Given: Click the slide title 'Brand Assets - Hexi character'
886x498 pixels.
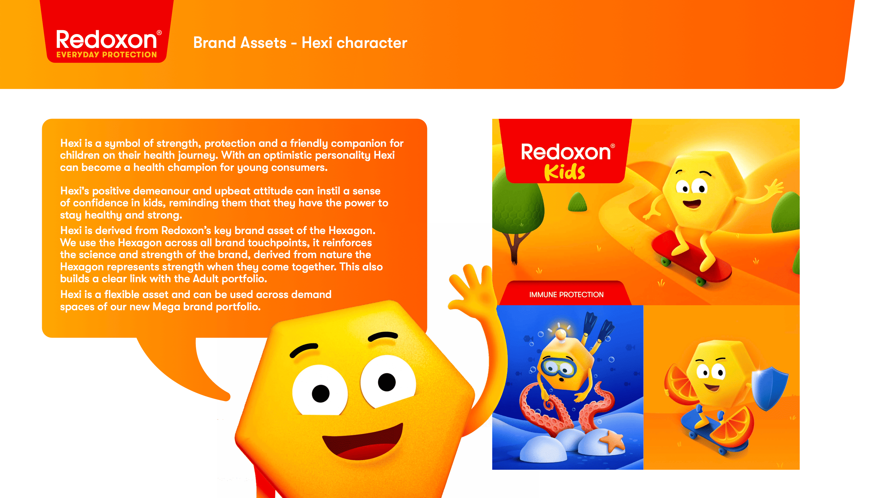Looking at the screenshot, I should point(300,43).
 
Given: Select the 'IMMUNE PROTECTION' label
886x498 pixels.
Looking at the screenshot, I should point(566,295).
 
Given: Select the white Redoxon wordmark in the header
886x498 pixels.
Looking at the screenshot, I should point(107,40).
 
